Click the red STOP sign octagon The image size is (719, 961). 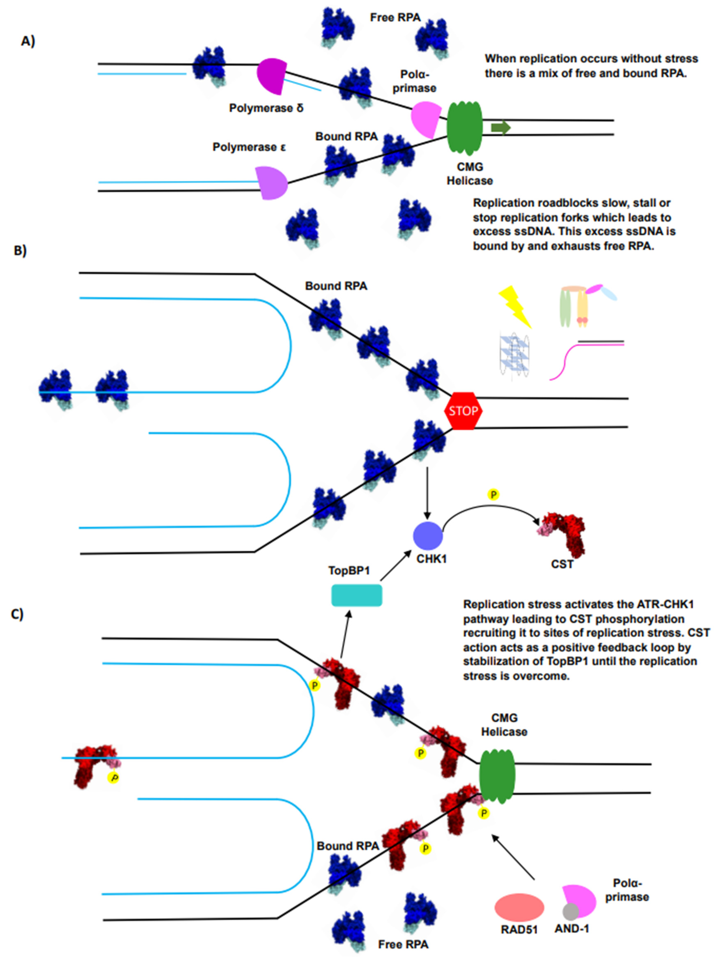coord(463,410)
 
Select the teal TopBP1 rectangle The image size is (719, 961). coord(357,595)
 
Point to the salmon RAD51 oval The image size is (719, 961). coord(519,908)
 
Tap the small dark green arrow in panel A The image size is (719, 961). coord(500,127)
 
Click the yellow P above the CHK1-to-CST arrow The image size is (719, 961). coord(493,494)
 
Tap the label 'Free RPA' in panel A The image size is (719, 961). coord(395,17)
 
